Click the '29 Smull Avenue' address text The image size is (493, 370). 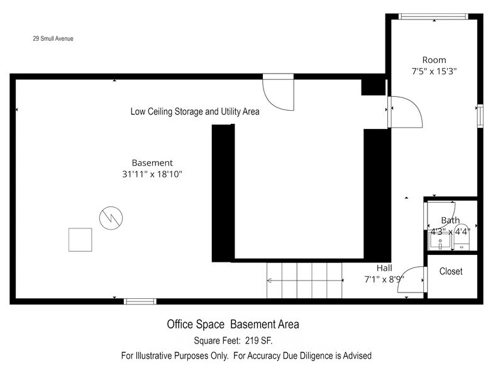pos(53,38)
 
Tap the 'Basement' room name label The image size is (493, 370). pos(152,162)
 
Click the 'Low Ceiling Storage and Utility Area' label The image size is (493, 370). pos(195,112)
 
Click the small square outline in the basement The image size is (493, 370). pos(80,240)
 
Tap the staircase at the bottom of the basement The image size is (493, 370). pos(305,280)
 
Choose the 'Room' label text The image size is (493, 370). pos(433,60)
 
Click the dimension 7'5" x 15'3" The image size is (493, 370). pos(433,72)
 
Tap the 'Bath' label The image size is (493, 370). pos(450,220)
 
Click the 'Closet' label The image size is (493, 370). pos(451,271)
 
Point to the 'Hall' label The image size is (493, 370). pos(384,267)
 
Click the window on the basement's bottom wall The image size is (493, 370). pos(140,301)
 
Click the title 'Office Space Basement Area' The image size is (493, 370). pos(233,325)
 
